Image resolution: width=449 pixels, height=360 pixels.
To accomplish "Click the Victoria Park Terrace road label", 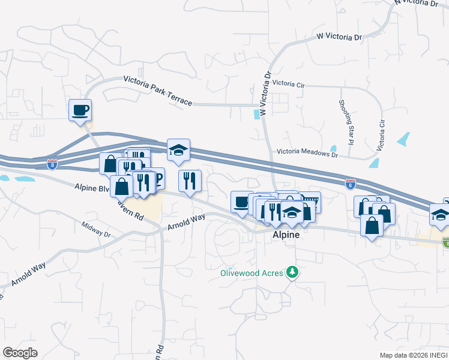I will click(x=158, y=90).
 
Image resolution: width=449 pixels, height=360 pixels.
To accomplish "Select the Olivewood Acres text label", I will click(x=252, y=273).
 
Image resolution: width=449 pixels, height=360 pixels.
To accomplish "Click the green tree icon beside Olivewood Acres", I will click(x=293, y=272).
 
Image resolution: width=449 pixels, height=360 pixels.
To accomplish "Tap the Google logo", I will click(x=20, y=353).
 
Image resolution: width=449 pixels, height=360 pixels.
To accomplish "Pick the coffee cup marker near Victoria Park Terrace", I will click(x=80, y=110).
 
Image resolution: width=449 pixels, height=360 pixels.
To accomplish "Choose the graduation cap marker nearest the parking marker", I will click(x=178, y=151).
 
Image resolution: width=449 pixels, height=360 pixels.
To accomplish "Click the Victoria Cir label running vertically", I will click(x=381, y=135).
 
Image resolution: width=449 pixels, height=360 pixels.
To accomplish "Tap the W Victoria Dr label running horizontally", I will click(x=341, y=37).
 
